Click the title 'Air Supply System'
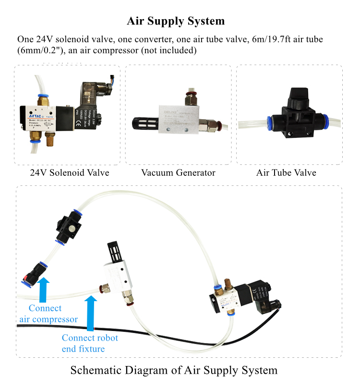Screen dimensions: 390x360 pos(176,21)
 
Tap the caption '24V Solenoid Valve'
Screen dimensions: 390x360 pos(70,172)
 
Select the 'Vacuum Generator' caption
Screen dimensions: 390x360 pos(178,172)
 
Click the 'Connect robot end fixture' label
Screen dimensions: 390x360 pos(90,343)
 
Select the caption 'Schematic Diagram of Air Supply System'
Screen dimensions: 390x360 pos(174,370)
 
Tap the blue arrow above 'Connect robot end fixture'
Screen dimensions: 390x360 pos(90,313)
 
